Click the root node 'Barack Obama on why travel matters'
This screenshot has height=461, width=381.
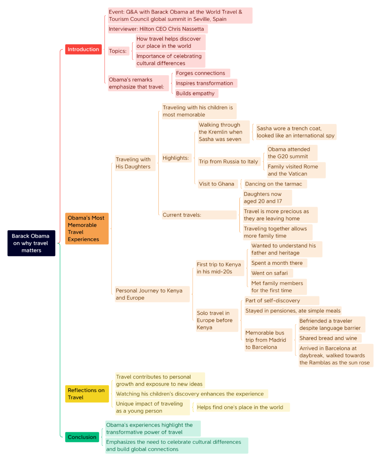pyautogui.click(x=31, y=243)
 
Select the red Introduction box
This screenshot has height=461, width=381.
pyautogui.click(x=83, y=49)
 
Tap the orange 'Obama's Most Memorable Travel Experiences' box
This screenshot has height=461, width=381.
pyautogui.click(x=87, y=228)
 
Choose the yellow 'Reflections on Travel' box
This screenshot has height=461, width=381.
pyautogui.click(x=87, y=393)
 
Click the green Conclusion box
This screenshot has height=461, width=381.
pyautogui.click(x=82, y=437)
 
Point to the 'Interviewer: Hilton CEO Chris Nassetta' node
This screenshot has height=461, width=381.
pyautogui.click(x=158, y=29)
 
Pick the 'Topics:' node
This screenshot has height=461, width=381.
pyautogui.click(x=119, y=51)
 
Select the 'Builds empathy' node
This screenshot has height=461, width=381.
pyautogui.click(x=196, y=93)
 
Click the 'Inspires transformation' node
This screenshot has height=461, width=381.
pyautogui.click(x=206, y=83)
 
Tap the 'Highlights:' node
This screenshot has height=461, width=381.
pyautogui.click(x=176, y=158)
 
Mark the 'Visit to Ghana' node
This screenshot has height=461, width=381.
pyautogui.click(x=218, y=184)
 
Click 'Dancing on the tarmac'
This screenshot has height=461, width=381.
pyautogui.click(x=275, y=184)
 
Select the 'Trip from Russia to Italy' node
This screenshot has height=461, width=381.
pyautogui.click(x=229, y=161)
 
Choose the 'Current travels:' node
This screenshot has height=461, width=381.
pyautogui.click(x=199, y=214)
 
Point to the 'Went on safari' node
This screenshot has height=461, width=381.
pyautogui.click(x=272, y=273)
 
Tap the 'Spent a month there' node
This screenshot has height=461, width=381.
pyautogui.click(x=279, y=263)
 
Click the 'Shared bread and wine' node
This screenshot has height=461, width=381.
pyautogui.click(x=330, y=338)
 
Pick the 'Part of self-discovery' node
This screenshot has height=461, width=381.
pyautogui.click(x=282, y=300)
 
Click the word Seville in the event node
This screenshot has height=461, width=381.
pyautogui.click(x=202, y=19)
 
